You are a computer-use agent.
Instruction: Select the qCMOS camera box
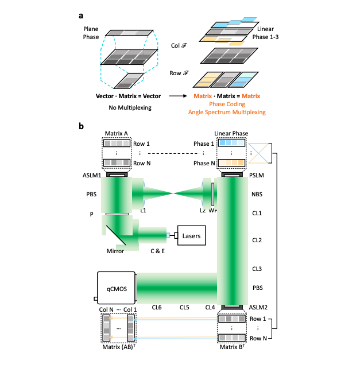tap(116, 288)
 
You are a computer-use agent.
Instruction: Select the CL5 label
tap(183, 307)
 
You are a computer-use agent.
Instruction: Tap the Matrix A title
tap(117, 133)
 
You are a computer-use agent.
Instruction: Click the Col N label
tap(107, 309)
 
